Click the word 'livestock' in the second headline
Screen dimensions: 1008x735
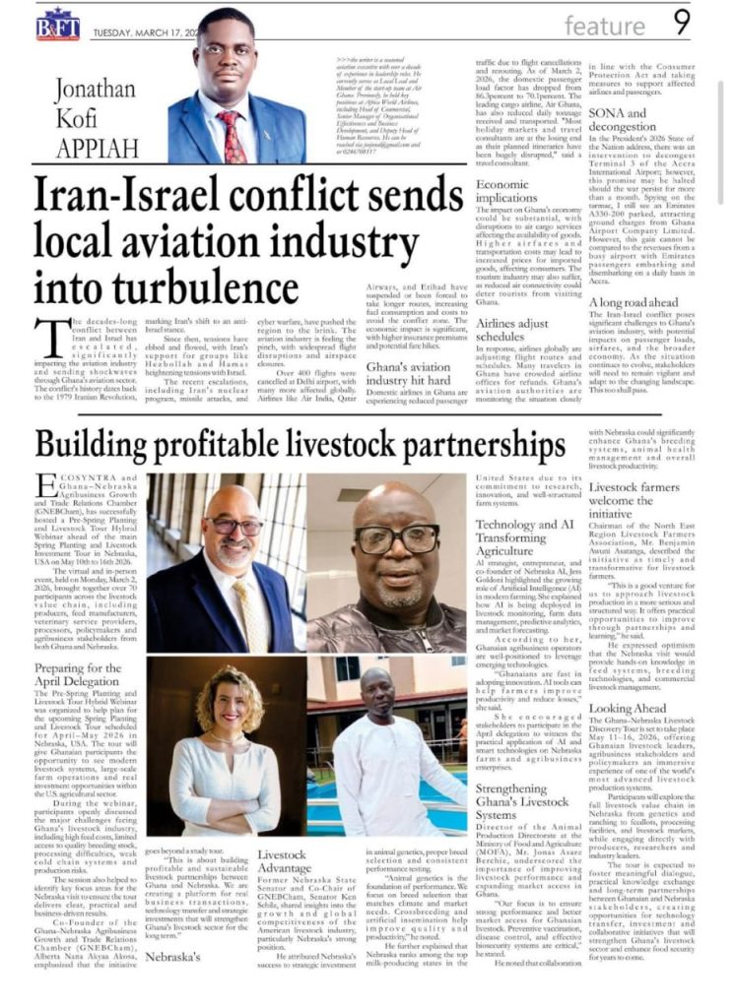pos(286,446)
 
